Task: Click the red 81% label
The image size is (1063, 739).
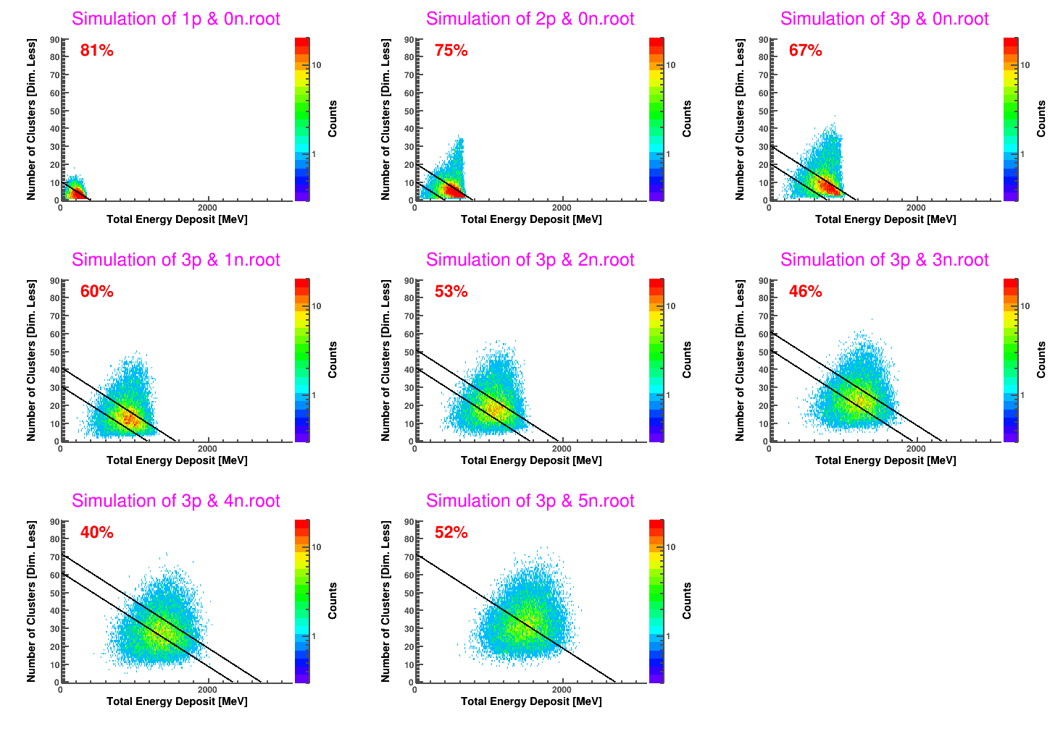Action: pyautogui.click(x=96, y=51)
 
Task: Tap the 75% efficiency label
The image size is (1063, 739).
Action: pyautogui.click(x=451, y=51)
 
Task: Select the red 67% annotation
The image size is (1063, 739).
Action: pyautogui.click(x=805, y=51)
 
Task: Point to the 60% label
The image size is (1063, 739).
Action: pyautogui.click(x=96, y=292)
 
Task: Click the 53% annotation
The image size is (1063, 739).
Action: pyautogui.click(x=451, y=292)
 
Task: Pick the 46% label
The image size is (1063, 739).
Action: pyautogui.click(x=805, y=292)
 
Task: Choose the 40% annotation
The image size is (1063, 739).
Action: pyautogui.click(x=96, y=533)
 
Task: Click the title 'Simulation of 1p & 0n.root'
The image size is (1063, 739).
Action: pyautogui.click(x=175, y=19)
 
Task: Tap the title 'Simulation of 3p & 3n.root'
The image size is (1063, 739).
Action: pyautogui.click(x=884, y=260)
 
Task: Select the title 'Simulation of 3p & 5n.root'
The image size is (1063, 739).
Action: pyautogui.click(x=530, y=501)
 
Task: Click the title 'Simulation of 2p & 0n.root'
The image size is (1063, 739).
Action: pyautogui.click(x=530, y=19)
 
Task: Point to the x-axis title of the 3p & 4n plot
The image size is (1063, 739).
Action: pyautogui.click(x=177, y=701)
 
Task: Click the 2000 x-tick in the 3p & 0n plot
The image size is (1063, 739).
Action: pyautogui.click(x=916, y=208)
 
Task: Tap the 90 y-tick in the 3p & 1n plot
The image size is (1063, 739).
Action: pyautogui.click(x=54, y=281)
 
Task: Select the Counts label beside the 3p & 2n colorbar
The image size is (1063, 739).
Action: pyautogui.click(x=687, y=360)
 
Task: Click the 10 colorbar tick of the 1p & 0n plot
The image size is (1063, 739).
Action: pyautogui.click(x=316, y=65)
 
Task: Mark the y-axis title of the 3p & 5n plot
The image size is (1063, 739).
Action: pyautogui.click(x=385, y=601)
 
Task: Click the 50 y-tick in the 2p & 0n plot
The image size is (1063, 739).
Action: pyautogui.click(x=409, y=111)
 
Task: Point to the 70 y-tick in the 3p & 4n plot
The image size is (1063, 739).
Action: pyautogui.click(x=54, y=557)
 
